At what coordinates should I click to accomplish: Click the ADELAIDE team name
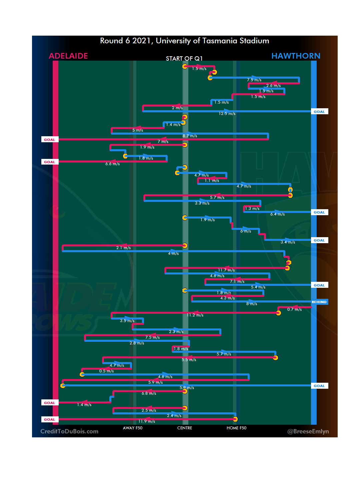pyautogui.click(x=68, y=56)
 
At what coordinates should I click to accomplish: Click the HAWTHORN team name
pyautogui.click(x=296, y=56)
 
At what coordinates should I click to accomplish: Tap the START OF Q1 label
pyautogui.click(x=184, y=59)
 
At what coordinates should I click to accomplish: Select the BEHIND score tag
pyautogui.click(x=319, y=302)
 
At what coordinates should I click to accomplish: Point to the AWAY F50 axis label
pyautogui.click(x=133, y=428)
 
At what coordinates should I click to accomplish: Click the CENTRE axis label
pyautogui.click(x=185, y=428)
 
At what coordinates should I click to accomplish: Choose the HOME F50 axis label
pyautogui.click(x=236, y=428)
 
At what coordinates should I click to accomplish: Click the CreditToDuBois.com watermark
pyautogui.click(x=69, y=431)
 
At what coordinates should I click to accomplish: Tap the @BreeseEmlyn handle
pyautogui.click(x=308, y=431)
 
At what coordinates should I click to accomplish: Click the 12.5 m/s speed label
pyautogui.click(x=227, y=114)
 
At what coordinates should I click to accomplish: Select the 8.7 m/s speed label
pyautogui.click(x=190, y=136)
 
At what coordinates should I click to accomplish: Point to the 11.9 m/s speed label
pyautogui.click(x=147, y=421)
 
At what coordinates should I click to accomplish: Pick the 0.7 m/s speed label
pyautogui.click(x=294, y=310)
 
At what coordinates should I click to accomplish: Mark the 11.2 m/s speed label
pyautogui.click(x=195, y=315)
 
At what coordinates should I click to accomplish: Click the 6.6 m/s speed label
pyautogui.click(x=112, y=164)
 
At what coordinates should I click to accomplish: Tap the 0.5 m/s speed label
pyautogui.click(x=106, y=371)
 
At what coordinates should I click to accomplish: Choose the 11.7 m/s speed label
pyautogui.click(x=226, y=270)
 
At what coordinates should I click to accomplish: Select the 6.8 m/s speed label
pyautogui.click(x=149, y=393)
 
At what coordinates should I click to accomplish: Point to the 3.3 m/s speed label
pyautogui.click(x=202, y=203)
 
